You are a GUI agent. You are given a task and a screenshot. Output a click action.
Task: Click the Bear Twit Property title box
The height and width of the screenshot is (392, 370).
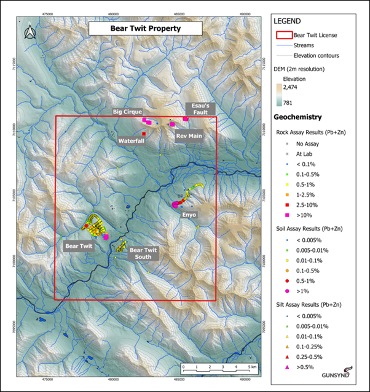click(136, 29)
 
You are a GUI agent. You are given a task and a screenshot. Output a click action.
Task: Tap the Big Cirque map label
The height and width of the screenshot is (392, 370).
click(127, 112)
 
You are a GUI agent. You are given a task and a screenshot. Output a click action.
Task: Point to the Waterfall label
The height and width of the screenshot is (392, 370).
click(131, 140)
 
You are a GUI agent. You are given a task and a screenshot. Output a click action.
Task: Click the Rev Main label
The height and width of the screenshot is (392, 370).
click(189, 136)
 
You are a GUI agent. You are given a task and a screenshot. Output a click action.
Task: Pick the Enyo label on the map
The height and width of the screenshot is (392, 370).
click(189, 215)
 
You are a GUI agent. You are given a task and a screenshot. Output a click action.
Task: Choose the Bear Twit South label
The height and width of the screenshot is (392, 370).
click(143, 253)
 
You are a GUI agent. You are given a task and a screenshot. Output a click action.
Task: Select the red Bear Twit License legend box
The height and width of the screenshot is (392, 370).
click(284, 35)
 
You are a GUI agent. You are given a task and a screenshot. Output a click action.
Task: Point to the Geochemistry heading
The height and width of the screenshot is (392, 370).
click(297, 117)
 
